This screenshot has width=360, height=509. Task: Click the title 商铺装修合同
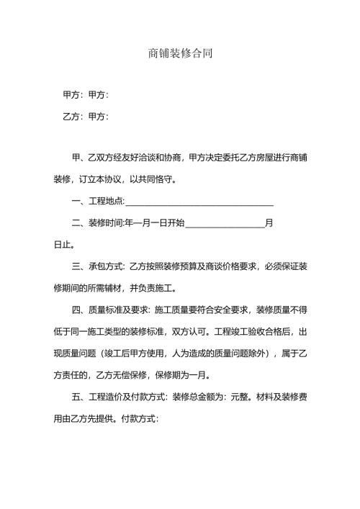pos(180,54)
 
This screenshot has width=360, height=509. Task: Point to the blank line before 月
pos(225,224)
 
